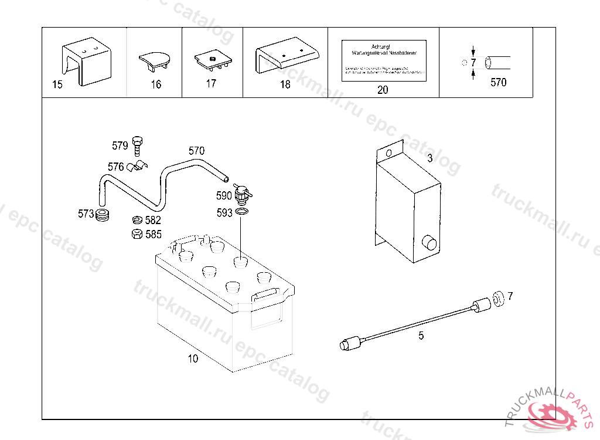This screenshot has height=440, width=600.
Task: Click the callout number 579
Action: tap(120, 145)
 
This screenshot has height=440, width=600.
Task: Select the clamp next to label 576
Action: tap(139, 166)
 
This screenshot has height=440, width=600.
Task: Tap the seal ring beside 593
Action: tap(243, 212)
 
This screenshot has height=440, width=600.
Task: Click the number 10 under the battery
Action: tap(193, 358)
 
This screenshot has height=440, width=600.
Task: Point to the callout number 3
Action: tap(429, 158)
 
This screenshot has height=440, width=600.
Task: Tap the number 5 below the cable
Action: tap(421, 336)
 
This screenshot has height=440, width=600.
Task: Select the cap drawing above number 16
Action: tap(155, 59)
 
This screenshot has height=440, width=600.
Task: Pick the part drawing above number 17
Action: tap(212, 59)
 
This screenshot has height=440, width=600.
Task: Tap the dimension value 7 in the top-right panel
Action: tap(473, 62)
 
